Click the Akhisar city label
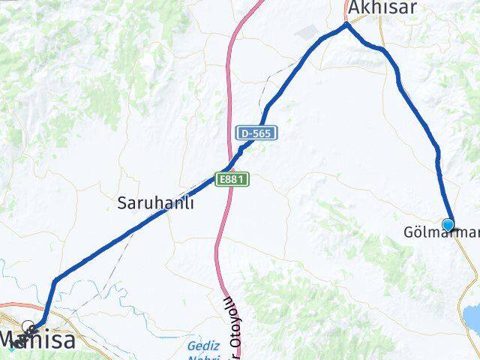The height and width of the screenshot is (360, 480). coord(381,8)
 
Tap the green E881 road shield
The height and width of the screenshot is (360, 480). coord(232,180)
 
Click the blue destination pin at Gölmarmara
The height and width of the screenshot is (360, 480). coord(448,224)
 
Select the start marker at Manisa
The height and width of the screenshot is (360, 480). coord(28,328)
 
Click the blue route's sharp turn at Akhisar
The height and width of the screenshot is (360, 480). coord(346,24)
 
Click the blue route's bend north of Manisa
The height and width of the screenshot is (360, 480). coord(55,280)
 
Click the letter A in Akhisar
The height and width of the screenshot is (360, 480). coord(352,8)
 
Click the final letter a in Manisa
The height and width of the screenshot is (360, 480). coord(68,340)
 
